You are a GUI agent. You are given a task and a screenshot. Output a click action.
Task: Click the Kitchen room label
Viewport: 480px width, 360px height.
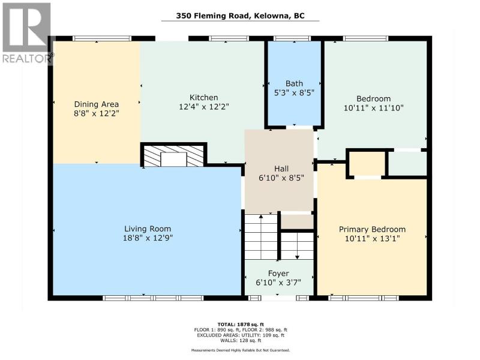coord(204,98)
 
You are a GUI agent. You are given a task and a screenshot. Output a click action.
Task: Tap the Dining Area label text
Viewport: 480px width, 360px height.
coord(97,104)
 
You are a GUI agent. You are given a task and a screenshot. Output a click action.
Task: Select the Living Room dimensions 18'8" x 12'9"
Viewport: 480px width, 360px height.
coord(148,238)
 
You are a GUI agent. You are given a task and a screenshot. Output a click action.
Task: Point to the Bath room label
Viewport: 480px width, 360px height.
coord(294,83)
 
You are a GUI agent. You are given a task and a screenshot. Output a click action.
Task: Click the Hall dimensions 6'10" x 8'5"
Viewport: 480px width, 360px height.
coord(281,178)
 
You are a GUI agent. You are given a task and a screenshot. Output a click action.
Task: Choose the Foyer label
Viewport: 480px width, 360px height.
coord(278,274)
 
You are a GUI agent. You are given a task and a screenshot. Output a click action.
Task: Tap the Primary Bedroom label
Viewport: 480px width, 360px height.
coord(372,229)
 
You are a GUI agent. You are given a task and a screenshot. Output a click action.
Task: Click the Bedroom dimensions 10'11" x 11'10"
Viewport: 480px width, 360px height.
coord(373,108)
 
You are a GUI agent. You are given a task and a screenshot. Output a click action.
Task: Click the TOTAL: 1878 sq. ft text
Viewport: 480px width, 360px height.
coord(241,324)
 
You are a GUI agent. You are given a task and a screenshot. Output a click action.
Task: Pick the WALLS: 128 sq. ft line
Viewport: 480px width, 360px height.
coord(241,340)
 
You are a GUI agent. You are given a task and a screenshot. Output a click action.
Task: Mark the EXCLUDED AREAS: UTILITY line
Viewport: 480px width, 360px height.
coord(241,335)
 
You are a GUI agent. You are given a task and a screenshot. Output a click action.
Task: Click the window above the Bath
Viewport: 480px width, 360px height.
coord(292,38)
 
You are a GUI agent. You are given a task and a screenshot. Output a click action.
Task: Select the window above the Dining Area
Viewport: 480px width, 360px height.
coord(102,38)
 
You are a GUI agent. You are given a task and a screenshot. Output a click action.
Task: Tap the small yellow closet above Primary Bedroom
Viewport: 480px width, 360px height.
coord(367,164)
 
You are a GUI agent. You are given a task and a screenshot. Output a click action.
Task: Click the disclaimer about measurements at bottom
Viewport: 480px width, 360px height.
coord(241,350)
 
